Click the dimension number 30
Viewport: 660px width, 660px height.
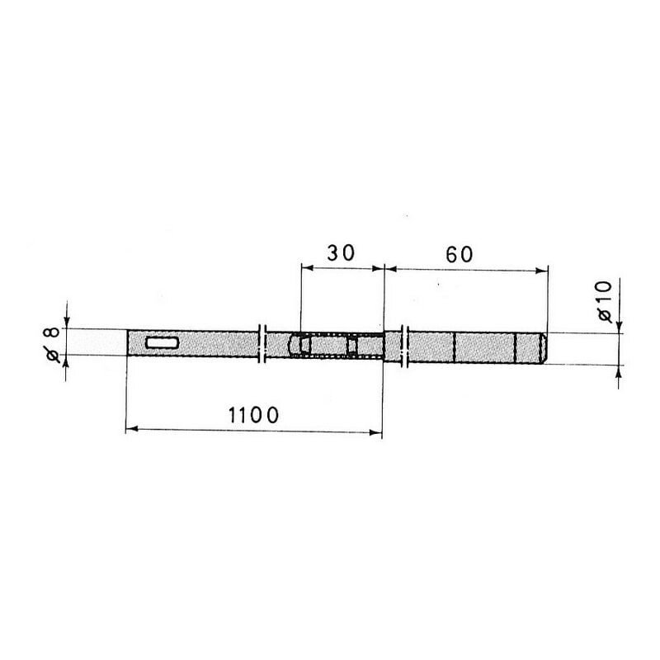[341, 253]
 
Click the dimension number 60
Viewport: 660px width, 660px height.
[460, 255]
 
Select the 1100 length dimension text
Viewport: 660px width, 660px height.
[253, 415]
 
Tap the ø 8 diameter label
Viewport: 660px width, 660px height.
[52, 344]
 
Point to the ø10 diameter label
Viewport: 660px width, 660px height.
[605, 301]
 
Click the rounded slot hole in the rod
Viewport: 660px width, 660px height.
[162, 343]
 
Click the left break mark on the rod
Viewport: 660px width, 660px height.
[262, 343]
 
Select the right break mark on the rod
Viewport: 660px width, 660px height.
[405, 346]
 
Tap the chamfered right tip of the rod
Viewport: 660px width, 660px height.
[544, 348]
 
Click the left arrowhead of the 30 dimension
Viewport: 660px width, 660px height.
[307, 267]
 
